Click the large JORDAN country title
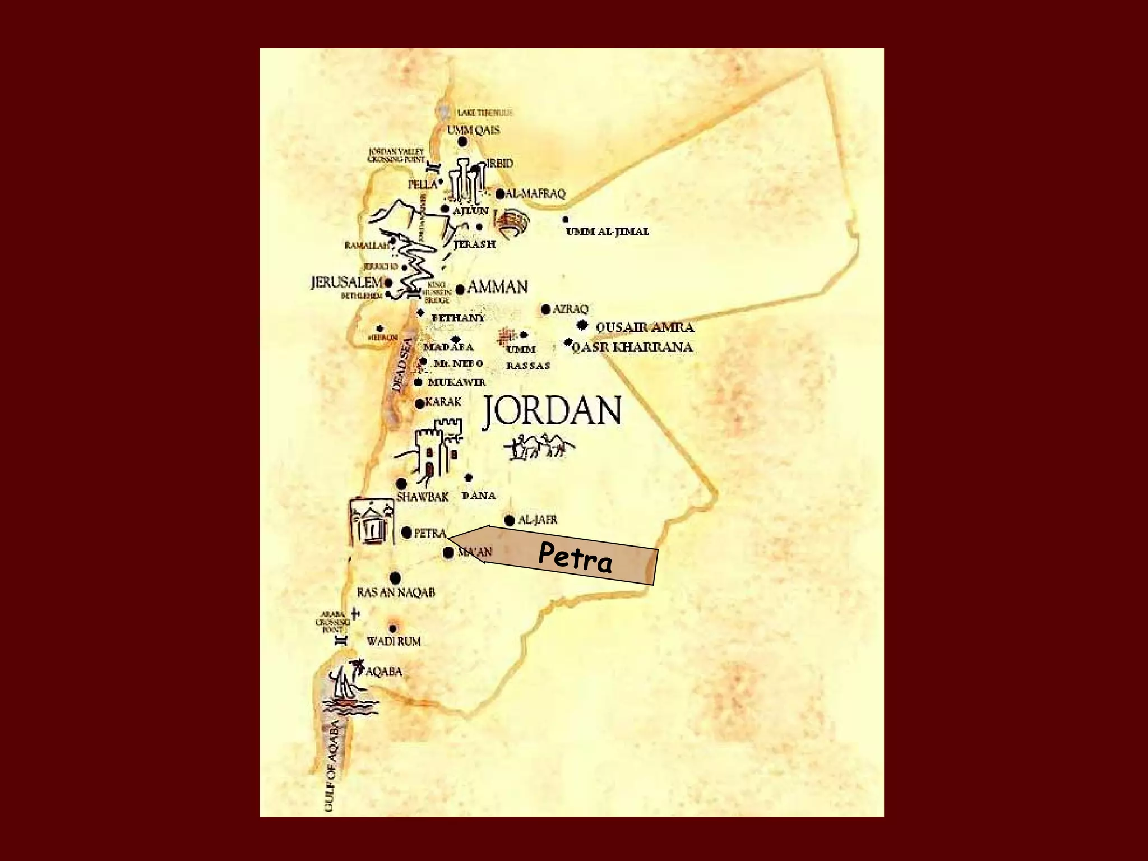tap(552, 411)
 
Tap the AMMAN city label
tap(498, 287)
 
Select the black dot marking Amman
tap(460, 289)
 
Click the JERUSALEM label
tap(346, 283)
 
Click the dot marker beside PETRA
tap(407, 532)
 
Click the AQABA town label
tap(384, 672)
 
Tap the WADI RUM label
tap(394, 641)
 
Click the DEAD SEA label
tap(402, 364)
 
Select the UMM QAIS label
tap(473, 130)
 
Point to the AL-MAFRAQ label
tap(536, 194)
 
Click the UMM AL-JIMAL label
tap(608, 232)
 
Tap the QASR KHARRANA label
tap(632, 348)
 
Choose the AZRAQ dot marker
tap(546, 309)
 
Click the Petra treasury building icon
tap(371, 521)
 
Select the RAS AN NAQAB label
tap(396, 592)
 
